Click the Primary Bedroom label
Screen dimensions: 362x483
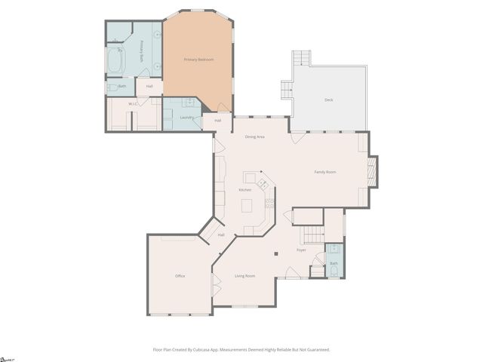199,60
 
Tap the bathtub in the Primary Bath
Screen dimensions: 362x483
116,61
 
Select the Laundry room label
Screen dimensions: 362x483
186,117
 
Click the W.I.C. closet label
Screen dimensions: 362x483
133,104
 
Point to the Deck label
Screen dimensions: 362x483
328,100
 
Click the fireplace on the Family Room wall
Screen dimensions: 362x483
371,171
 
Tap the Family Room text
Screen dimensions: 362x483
325,172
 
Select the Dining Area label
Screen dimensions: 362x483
254,137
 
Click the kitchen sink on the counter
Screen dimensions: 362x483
263,183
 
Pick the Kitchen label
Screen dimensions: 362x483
245,189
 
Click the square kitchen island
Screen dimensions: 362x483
247,204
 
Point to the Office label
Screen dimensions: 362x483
180,276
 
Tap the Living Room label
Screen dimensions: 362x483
245,276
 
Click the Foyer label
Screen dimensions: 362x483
301,250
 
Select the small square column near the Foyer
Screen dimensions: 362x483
276,253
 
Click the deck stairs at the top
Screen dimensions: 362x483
301,58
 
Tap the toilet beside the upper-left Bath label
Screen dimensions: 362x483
112,87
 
